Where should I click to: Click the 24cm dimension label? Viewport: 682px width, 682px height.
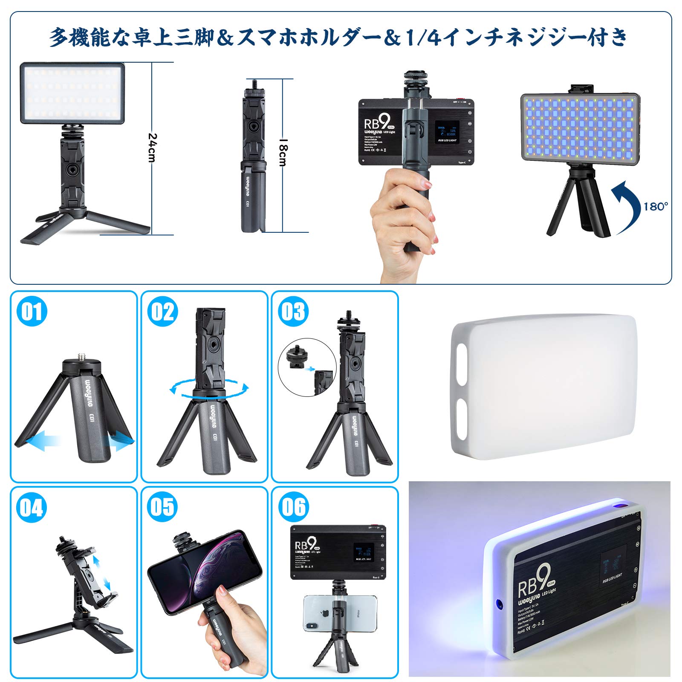tap(152, 147)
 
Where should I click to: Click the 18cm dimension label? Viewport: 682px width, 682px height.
tap(283, 152)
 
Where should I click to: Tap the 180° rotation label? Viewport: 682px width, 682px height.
tap(655, 207)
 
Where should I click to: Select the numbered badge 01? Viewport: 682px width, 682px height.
tap(32, 311)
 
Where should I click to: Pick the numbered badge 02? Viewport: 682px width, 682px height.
tap(162, 311)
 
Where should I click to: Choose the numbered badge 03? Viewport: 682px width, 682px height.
tap(293, 311)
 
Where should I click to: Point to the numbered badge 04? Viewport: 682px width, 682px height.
tap(32, 507)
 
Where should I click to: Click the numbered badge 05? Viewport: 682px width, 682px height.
tap(162, 507)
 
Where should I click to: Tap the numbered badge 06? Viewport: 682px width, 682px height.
tap(293, 507)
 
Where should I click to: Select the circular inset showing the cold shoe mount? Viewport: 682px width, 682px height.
tap(307, 367)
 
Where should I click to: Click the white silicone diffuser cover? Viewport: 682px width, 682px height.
tap(543, 386)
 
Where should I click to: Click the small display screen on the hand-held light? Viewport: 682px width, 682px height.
tap(446, 132)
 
